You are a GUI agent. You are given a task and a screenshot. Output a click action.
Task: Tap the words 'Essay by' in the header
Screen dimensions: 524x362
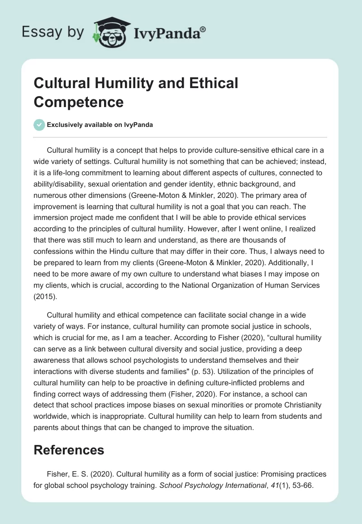pos(53,33)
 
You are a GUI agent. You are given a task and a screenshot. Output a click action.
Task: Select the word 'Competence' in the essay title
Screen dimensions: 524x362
pos(79,102)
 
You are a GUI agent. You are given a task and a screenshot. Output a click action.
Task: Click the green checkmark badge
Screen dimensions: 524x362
pos(39,125)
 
